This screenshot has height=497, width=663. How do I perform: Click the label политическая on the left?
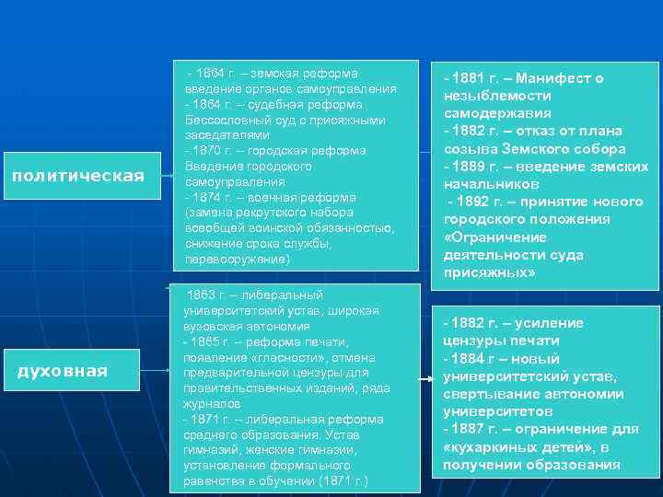coord(77,176)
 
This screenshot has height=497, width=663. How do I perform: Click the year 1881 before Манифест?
coord(469,79)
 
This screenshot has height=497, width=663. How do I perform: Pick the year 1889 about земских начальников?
coord(469,167)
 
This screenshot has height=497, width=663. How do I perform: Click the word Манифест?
coord(555,79)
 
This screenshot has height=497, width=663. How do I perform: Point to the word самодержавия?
coord(497,114)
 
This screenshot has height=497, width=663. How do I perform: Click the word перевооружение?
coord(236,260)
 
